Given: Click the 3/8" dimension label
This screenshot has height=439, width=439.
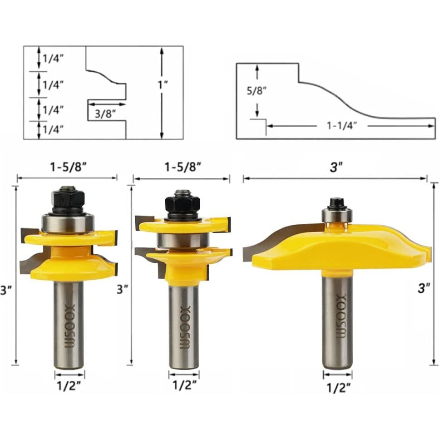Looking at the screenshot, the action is [x=105, y=113].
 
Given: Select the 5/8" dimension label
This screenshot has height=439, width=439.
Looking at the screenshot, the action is [x=256, y=91].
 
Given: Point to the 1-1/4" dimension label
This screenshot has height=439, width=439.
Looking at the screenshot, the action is [x=342, y=126].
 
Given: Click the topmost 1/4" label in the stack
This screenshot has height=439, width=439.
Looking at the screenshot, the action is [x=53, y=59].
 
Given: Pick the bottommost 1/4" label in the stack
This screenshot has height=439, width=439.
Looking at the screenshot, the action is [x=53, y=129].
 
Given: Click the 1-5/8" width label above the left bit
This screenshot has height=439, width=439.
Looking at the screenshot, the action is [x=67, y=168].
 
